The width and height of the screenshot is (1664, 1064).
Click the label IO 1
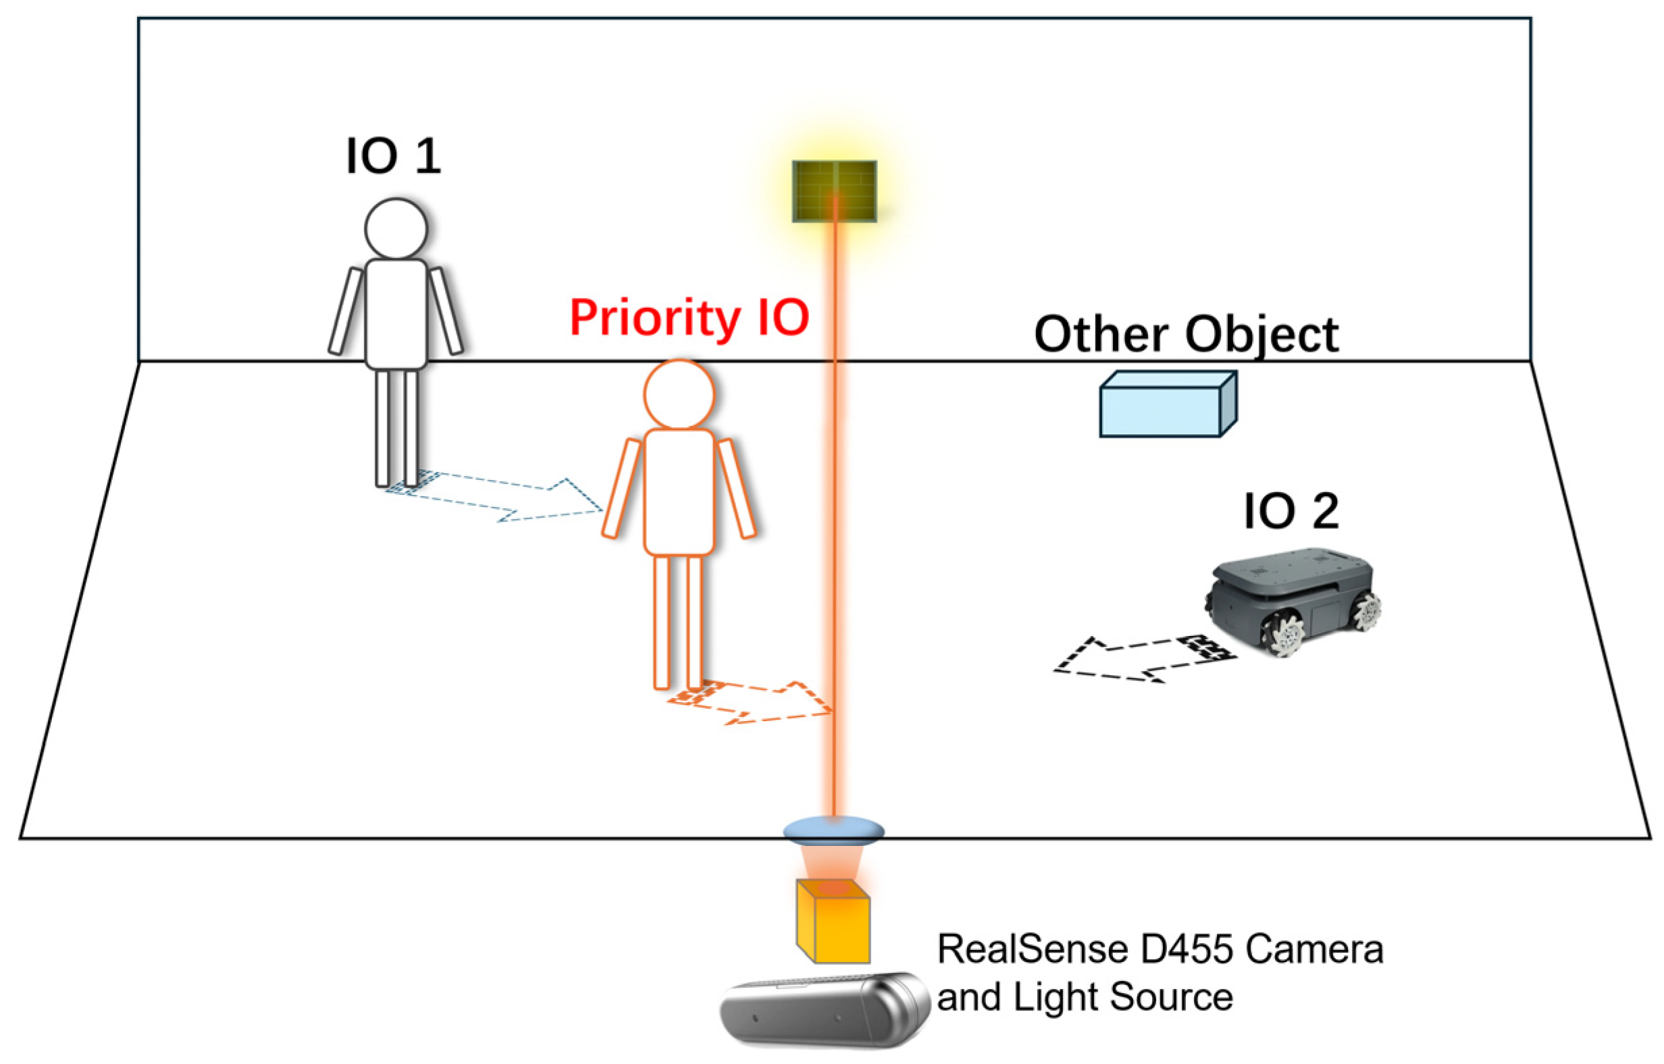tap(392, 156)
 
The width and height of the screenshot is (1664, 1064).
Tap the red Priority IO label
tap(689, 318)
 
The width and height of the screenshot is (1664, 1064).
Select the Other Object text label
tap(1186, 335)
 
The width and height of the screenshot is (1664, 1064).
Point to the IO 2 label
tap(1291, 512)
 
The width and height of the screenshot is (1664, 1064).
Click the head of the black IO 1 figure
tap(396, 229)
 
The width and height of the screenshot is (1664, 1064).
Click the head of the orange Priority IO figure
tap(679, 394)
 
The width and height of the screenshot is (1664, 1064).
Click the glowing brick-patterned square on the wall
tap(834, 191)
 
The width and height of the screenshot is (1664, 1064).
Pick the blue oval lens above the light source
tap(833, 830)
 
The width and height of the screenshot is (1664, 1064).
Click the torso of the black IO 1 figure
tap(396, 315)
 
